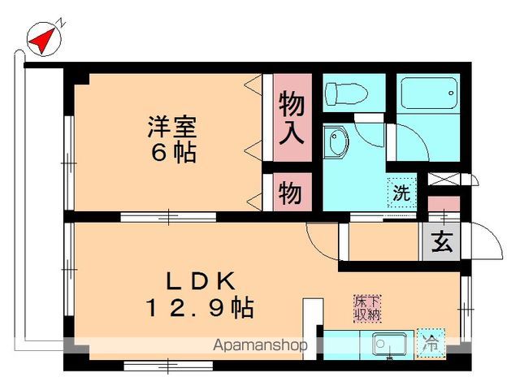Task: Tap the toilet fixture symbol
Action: tap(347, 93)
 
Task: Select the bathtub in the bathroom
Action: tap(428, 93)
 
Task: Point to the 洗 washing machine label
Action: tap(401, 193)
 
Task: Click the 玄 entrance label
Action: tap(442, 241)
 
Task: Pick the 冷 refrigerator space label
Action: tap(431, 343)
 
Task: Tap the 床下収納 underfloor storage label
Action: tap(367, 309)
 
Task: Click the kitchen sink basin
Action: tap(389, 345)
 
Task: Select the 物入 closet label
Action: tap(292, 118)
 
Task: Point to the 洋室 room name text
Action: tap(172, 126)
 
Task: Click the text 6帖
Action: tap(173, 153)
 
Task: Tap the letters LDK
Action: tap(201, 281)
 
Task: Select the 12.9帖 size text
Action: tap(200, 308)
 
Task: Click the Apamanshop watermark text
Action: tap(260, 345)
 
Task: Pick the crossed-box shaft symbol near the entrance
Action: tap(444, 179)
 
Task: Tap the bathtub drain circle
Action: tap(451, 93)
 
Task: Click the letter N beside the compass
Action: tap(62, 23)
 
